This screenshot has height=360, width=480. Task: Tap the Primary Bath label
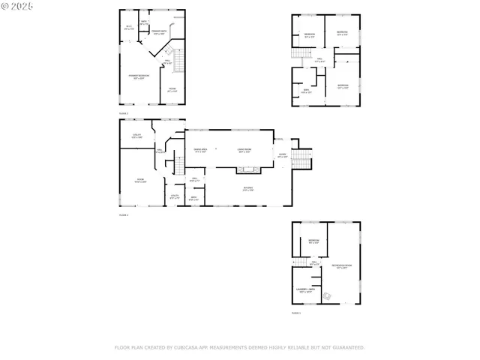point(158,32)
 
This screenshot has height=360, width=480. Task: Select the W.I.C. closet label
point(128,28)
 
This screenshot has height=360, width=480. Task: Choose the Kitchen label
point(247,189)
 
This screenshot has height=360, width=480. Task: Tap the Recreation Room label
point(342,267)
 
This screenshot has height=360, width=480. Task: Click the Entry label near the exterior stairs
point(282,156)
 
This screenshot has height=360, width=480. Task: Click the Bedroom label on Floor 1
point(314,241)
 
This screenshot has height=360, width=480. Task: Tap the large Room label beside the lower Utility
point(140,181)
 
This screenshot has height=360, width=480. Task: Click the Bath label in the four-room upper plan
point(306,91)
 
